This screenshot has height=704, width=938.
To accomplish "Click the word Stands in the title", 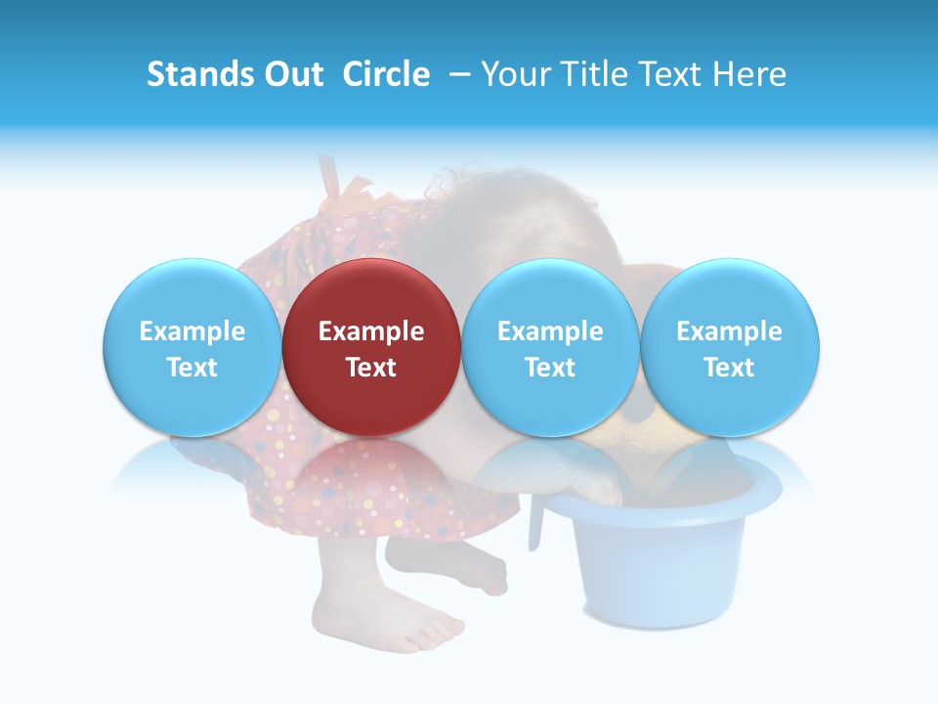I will pyautogui.click(x=199, y=74).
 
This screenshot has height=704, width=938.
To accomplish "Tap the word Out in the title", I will pyautogui.click(x=292, y=74).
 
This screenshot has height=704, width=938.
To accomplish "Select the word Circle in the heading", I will pyautogui.click(x=386, y=74).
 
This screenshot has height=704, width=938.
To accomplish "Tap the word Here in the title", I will pyautogui.click(x=750, y=74).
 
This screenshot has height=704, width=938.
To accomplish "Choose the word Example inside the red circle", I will pyautogui.click(x=371, y=331).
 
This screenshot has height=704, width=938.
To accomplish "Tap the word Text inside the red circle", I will pyautogui.click(x=371, y=368).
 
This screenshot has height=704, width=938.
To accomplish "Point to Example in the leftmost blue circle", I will pyautogui.click(x=192, y=331).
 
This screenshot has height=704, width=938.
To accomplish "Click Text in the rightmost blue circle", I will pyautogui.click(x=730, y=368).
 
